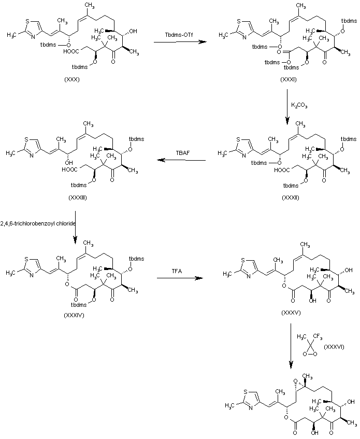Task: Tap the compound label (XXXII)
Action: click(x=290, y=198)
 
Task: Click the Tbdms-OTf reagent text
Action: click(x=179, y=34)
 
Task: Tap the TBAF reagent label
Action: click(x=180, y=153)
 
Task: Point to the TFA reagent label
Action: click(x=178, y=271)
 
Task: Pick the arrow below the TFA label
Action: click(x=179, y=278)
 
